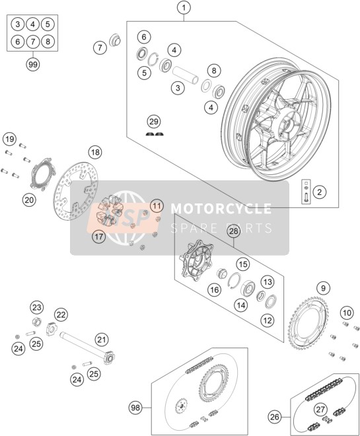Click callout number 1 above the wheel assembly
pos(184,8)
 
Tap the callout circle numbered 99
pos(33,65)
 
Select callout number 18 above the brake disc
pos(95,153)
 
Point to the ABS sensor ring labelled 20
pos(43,174)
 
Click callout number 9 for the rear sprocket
pos(323,288)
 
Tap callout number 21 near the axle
pos(102,340)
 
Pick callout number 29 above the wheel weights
pos(154,122)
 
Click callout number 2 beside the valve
pos(320,192)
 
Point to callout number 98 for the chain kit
pos(135,408)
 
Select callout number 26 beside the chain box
pos(275,417)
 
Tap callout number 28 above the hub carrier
pos(234,232)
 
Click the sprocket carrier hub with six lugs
pos(196,261)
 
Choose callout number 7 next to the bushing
pos(100,48)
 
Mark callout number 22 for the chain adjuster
pos(61,314)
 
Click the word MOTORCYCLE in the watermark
pos(221,208)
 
